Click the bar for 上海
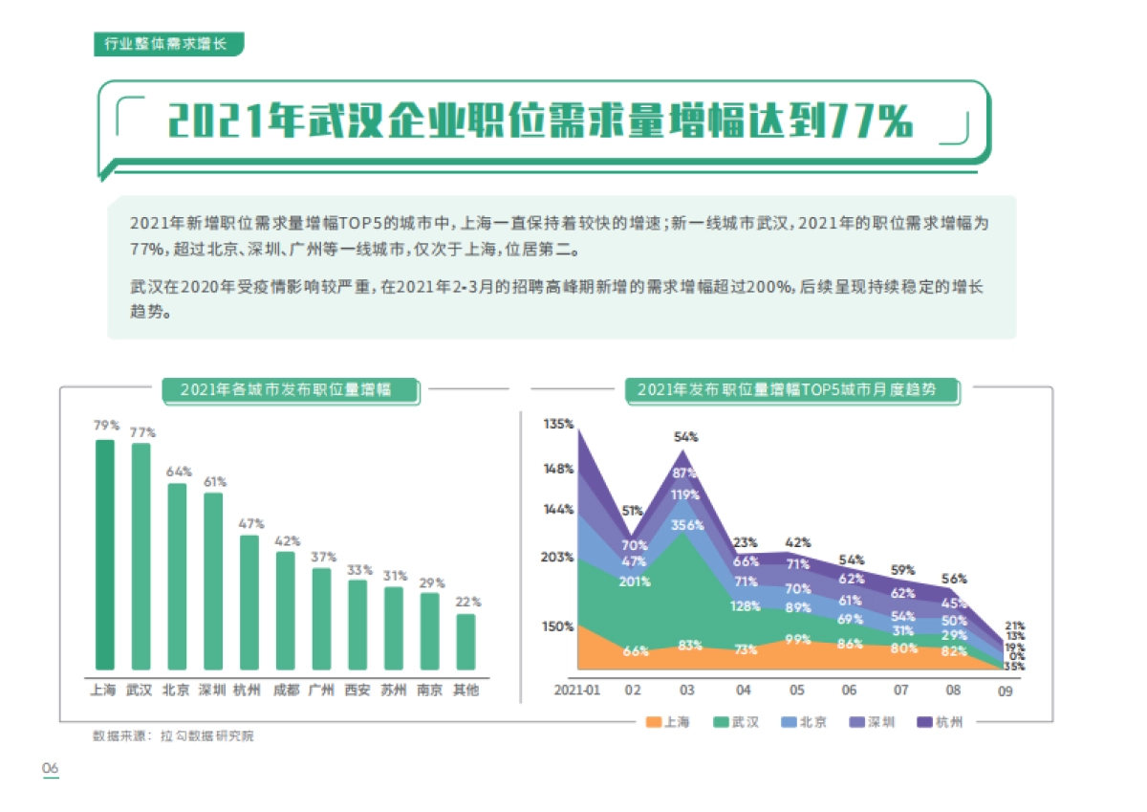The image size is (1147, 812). point(104,555)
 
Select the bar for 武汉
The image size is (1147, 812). point(141,557)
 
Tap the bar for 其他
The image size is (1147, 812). point(465,642)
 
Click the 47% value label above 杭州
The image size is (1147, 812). point(249,523)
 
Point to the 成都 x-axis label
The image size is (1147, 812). point(286,690)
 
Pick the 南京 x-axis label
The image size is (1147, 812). point(430,690)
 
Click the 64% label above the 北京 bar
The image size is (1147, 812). point(178,472)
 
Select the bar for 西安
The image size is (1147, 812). point(357,625)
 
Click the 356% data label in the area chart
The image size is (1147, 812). point(687,525)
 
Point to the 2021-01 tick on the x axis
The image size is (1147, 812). point(577,690)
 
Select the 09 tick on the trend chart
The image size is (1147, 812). point(1005,691)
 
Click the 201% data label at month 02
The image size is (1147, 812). point(635,582)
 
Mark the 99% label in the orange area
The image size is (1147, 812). point(797,640)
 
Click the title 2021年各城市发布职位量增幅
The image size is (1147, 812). point(290,389)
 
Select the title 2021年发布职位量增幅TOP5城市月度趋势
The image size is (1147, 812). point(792,389)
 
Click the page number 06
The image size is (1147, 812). point(49,769)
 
